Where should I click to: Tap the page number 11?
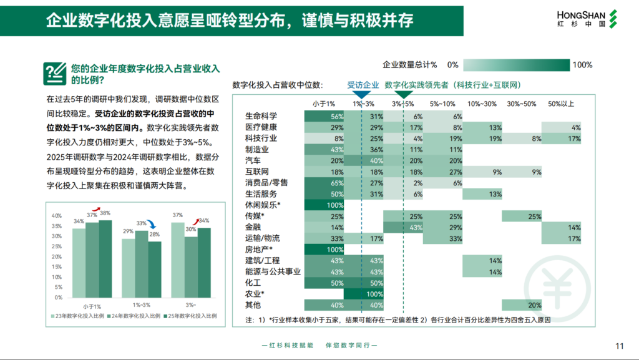click(x=620, y=346)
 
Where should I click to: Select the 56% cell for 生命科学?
click(x=324, y=117)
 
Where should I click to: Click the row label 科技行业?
click(x=261, y=139)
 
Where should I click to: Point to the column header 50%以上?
click(x=560, y=104)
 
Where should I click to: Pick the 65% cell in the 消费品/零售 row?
click(x=324, y=183)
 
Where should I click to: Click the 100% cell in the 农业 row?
click(x=363, y=294)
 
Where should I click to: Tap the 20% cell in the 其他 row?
click(x=521, y=305)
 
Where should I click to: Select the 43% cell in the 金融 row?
click(x=403, y=227)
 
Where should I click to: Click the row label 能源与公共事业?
click(x=273, y=272)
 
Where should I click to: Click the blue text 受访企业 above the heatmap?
click(x=363, y=85)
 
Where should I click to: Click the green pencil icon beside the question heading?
click(x=54, y=73)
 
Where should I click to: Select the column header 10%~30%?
click(x=482, y=104)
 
